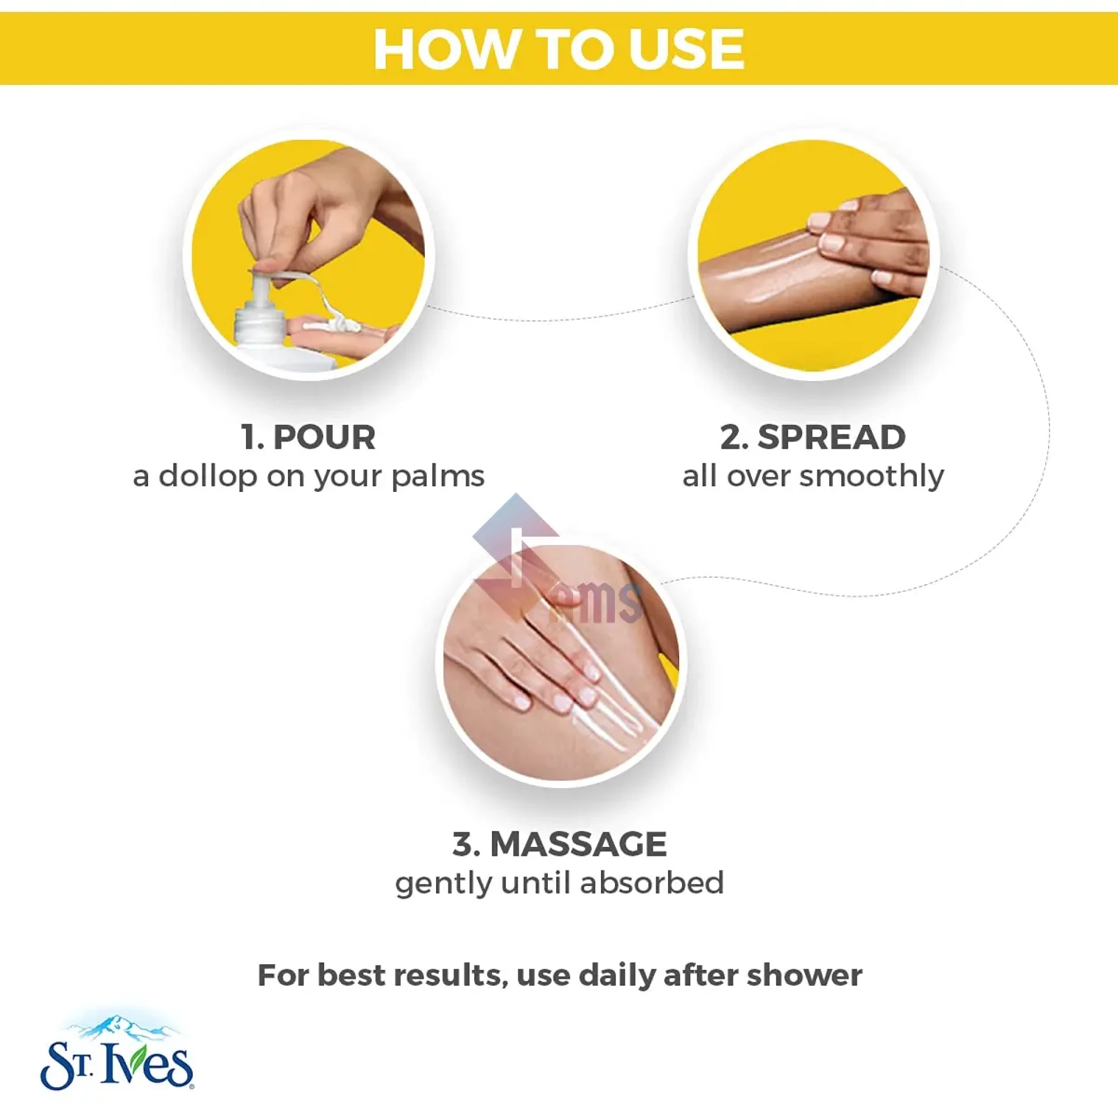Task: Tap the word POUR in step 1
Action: click(x=324, y=438)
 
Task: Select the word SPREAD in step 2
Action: click(x=832, y=438)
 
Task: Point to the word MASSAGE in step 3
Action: click(x=578, y=844)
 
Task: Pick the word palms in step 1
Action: click(x=438, y=477)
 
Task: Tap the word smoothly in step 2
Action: click(x=871, y=477)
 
